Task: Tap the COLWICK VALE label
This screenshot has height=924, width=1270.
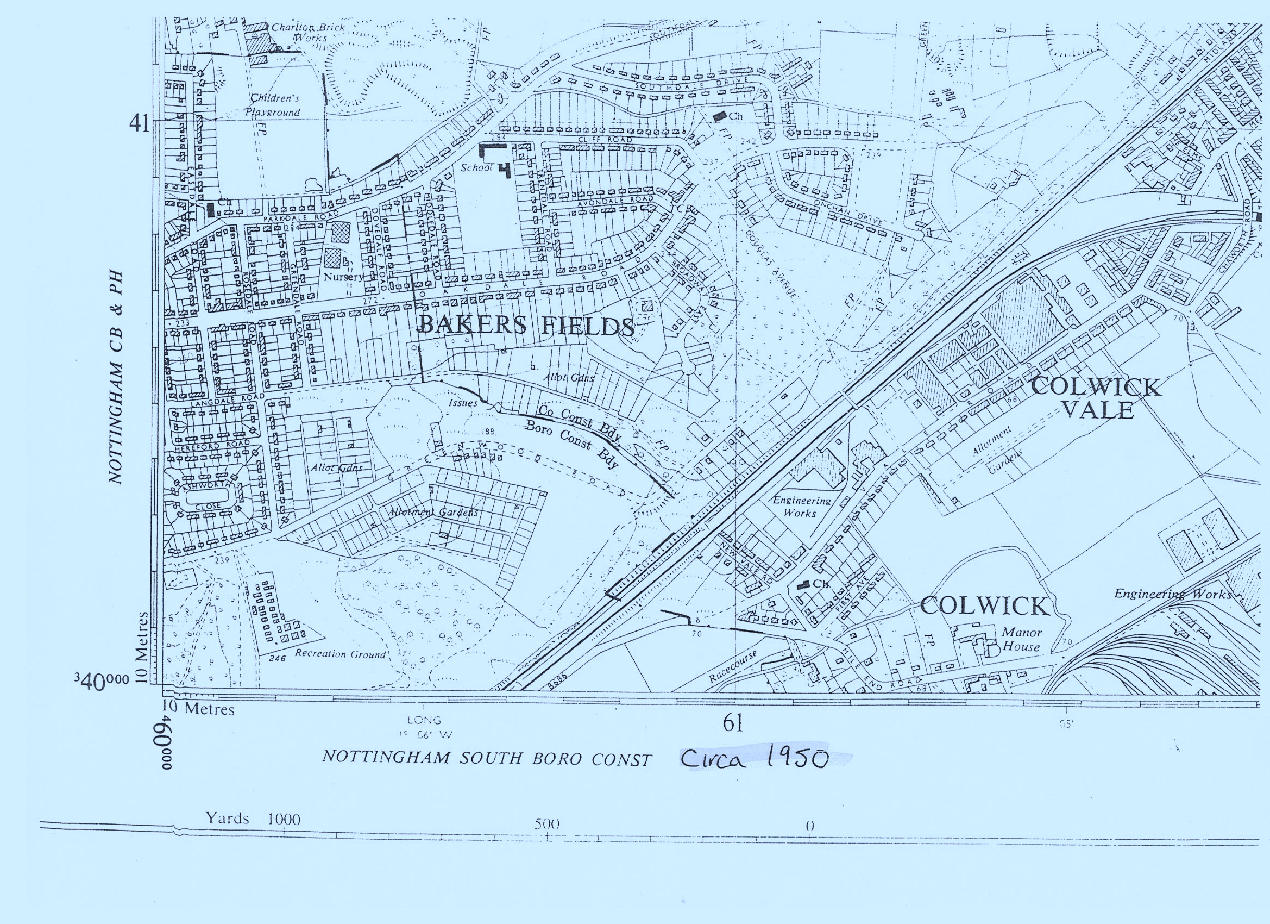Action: (1096, 398)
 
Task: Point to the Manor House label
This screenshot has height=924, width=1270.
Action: (1021, 639)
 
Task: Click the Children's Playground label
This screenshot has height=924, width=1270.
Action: (273, 105)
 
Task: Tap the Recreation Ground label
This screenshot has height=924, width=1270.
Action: (340, 654)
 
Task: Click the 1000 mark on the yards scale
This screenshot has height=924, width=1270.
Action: (284, 820)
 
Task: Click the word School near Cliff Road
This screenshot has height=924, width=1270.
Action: (475, 167)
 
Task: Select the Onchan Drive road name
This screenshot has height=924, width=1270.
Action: (847, 212)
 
